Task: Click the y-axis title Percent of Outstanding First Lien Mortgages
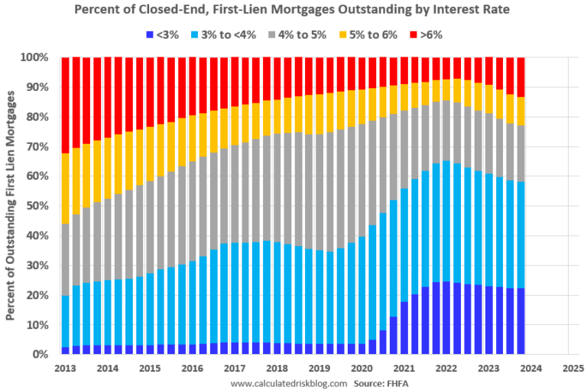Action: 12,205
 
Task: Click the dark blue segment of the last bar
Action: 521,321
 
